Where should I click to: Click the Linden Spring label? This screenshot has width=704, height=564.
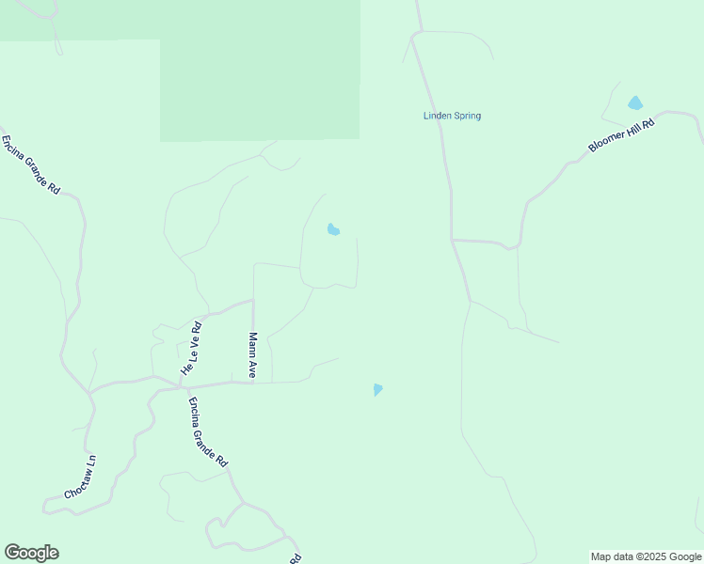click(x=452, y=117)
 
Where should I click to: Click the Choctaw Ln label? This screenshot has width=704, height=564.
click(x=80, y=478)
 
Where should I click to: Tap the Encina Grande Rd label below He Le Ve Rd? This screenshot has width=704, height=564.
click(x=207, y=432)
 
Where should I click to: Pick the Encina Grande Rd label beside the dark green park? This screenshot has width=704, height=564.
click(x=30, y=164)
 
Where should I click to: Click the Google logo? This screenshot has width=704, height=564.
click(x=31, y=553)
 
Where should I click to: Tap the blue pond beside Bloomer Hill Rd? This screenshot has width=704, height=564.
click(x=635, y=102)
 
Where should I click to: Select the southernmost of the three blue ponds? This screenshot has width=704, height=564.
click(x=377, y=389)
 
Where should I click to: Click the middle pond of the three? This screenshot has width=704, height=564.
click(x=332, y=229)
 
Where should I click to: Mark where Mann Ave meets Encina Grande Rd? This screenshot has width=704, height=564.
click(x=253, y=383)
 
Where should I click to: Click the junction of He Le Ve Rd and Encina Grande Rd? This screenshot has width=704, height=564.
click(x=184, y=385)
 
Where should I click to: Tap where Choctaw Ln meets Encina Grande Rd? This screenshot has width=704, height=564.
click(x=91, y=394)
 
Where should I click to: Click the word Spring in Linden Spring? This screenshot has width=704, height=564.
click(x=466, y=117)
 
